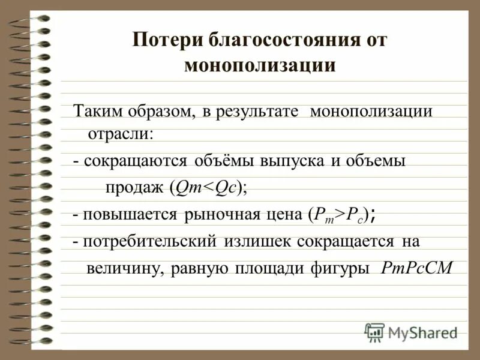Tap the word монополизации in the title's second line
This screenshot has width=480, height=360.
[260, 65]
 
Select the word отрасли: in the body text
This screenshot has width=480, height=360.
[121, 133]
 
